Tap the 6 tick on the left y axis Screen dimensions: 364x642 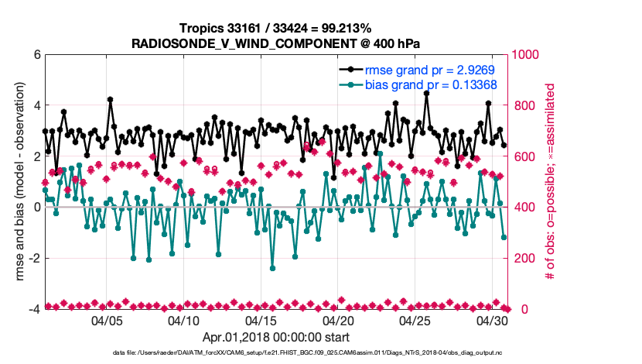tap(36, 55)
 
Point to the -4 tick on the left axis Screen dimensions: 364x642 tap(33, 309)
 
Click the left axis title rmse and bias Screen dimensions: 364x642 tap(15, 182)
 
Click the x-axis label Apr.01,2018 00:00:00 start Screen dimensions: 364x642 tap(275, 338)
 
